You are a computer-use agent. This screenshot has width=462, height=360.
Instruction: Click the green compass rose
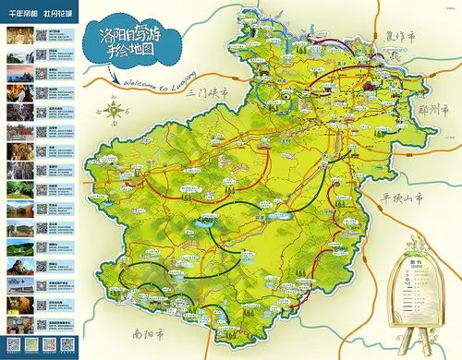(x=114, y=114)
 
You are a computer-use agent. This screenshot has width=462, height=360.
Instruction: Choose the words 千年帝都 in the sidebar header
(x=24, y=14)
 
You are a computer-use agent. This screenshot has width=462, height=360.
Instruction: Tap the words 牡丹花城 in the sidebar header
(x=61, y=14)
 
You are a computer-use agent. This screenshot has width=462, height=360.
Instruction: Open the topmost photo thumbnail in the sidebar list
(x=19, y=36)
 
